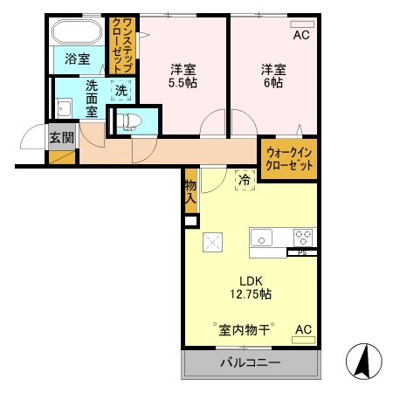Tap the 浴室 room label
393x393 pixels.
[77, 59]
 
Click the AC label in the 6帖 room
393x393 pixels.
[300, 36]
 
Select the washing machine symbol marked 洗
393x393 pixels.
[120, 89]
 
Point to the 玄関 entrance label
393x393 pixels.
[60, 136]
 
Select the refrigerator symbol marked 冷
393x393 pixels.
[245, 180]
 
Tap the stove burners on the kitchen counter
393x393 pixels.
[303, 238]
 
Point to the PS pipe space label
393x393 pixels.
[302, 253]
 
